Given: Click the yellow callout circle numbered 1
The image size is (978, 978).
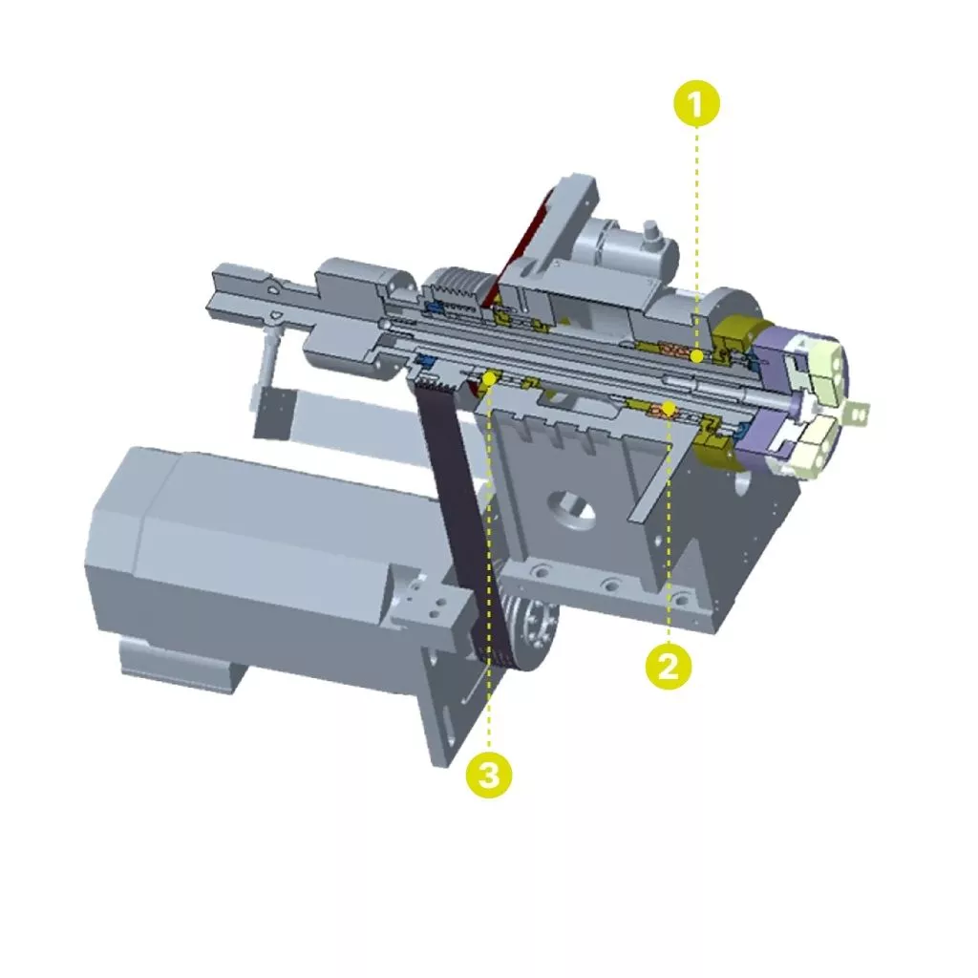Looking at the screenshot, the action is pos(696,103).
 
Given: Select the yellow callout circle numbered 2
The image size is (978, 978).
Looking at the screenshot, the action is pos(668,667).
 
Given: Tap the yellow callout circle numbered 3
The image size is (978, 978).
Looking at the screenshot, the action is pos(489,776).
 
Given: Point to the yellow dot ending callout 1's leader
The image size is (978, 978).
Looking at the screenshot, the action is pos(696,356).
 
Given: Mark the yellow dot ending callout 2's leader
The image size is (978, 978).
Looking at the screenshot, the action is pos(669,409).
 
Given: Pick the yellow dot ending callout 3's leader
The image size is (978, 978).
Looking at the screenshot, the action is pos(489,378).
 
